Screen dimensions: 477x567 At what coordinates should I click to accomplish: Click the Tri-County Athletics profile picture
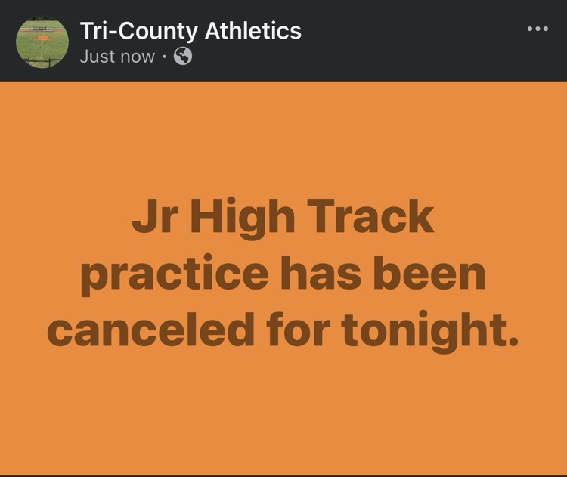tap(42, 42)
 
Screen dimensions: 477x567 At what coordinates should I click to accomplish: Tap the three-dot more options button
tap(538, 29)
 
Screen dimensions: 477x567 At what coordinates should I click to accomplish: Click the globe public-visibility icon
tap(183, 56)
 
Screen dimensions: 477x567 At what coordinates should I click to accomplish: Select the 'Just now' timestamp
tap(117, 56)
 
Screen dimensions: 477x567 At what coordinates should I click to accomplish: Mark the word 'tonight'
tap(421, 331)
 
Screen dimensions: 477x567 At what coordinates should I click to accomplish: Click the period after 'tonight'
tap(514, 342)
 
